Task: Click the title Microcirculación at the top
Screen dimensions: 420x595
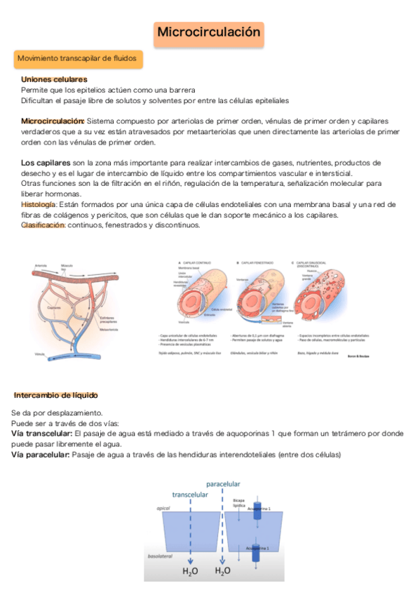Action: point(209,33)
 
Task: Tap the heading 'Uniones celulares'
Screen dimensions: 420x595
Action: point(54,80)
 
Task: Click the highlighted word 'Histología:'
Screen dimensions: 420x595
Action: point(39,204)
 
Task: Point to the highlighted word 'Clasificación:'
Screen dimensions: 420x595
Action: point(43,225)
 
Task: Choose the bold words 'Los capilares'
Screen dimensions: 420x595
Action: point(46,163)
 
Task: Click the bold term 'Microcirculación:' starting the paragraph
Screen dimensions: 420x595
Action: point(53,121)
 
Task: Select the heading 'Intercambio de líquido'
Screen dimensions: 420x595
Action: point(56,396)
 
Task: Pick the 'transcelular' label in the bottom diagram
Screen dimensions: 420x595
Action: point(189,494)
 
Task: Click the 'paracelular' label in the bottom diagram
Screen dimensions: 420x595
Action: point(223,484)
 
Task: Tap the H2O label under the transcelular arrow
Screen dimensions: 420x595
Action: point(190,572)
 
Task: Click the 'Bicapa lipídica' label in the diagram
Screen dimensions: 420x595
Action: point(238,503)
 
